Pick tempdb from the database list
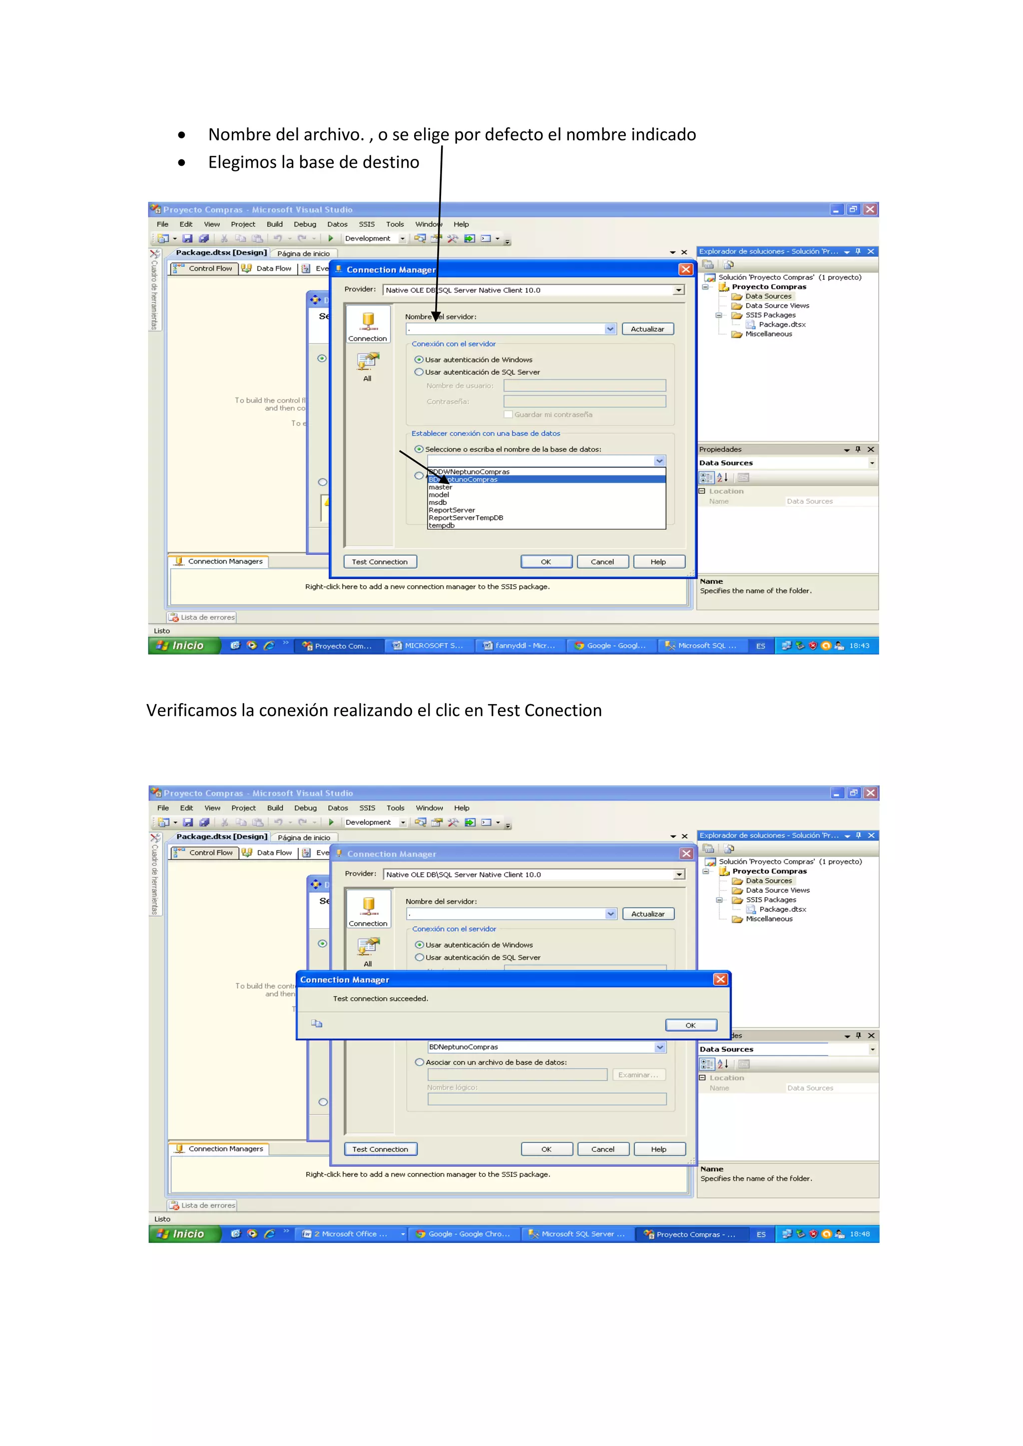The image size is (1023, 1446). click(442, 525)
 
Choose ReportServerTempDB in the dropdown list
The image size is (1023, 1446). click(466, 518)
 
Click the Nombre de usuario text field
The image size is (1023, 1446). click(584, 385)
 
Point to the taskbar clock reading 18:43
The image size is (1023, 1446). click(859, 646)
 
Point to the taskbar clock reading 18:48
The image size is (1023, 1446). click(859, 1234)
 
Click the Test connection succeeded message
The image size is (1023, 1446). click(381, 998)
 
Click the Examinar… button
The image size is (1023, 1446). click(638, 1075)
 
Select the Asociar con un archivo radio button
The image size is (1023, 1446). click(420, 1062)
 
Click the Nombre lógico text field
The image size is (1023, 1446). click(547, 1099)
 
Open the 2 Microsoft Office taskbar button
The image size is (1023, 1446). click(350, 1234)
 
